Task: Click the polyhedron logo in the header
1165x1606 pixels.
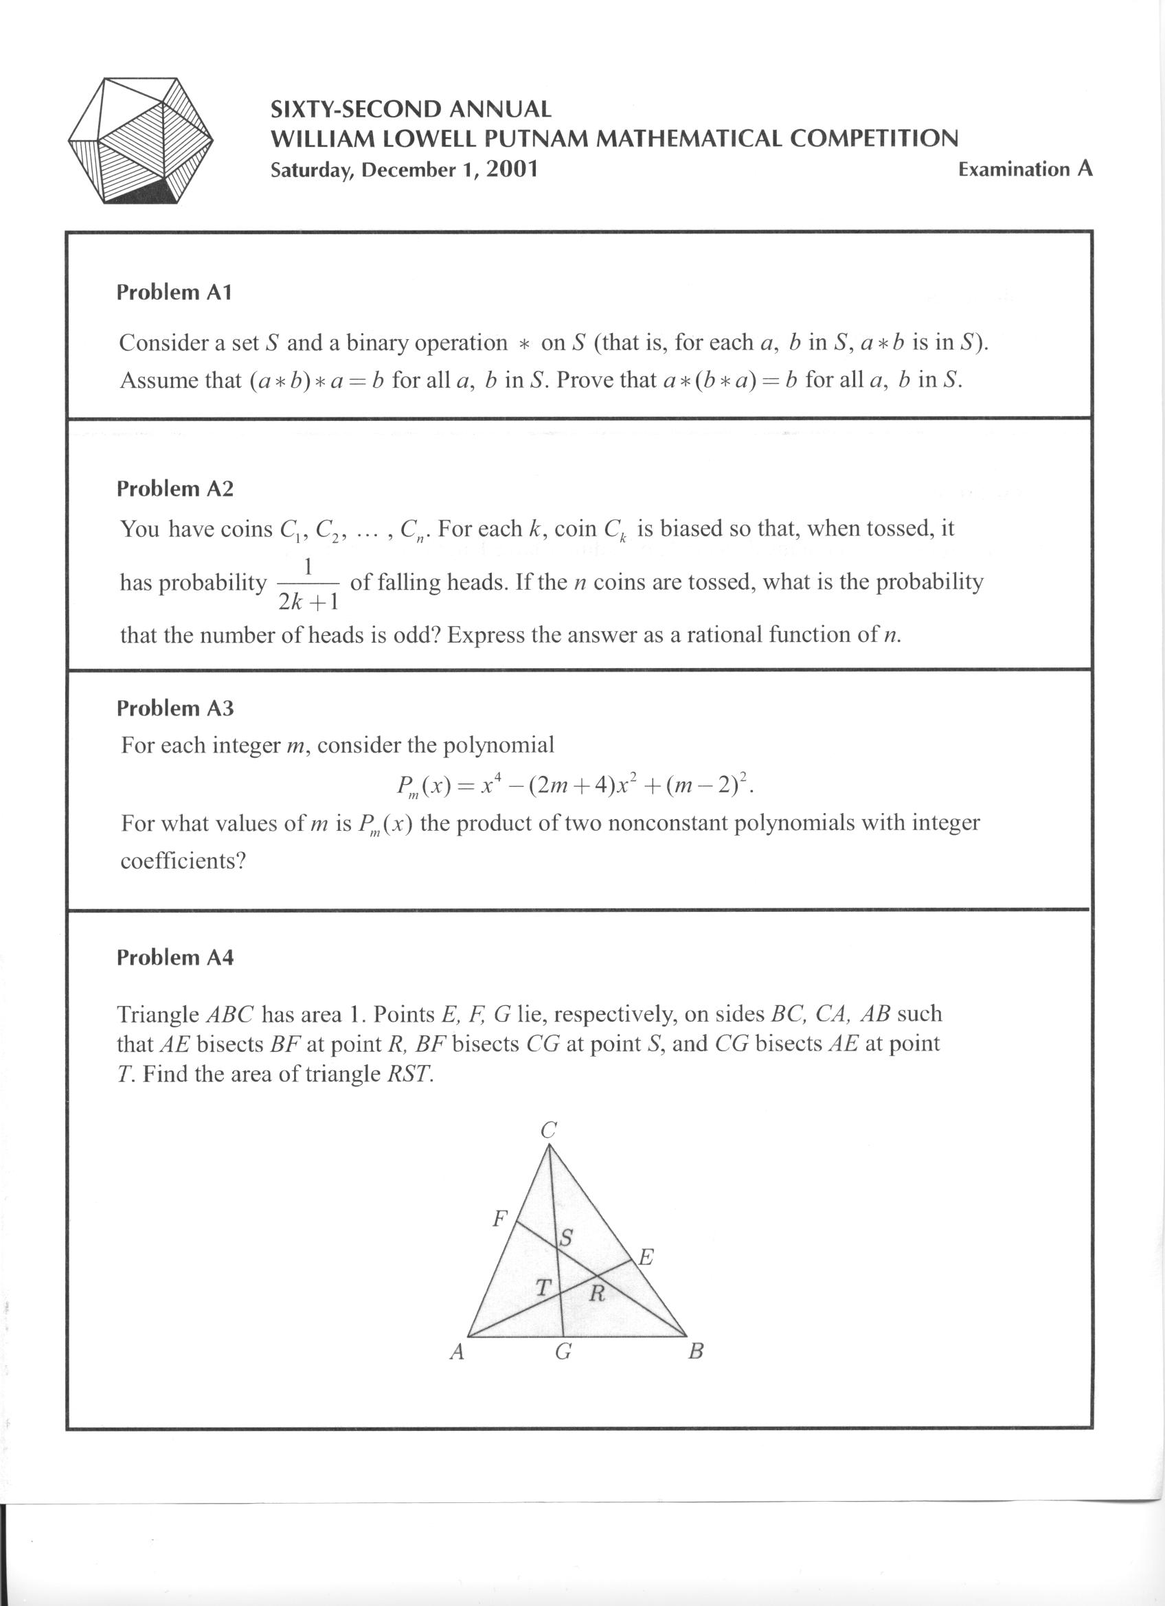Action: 140,141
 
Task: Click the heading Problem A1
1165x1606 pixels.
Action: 174,292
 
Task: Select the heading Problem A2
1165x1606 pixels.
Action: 175,489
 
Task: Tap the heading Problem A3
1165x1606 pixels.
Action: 175,708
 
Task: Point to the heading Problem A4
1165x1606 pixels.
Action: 175,957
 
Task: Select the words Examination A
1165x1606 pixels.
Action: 1025,169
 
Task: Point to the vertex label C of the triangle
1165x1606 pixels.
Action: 548,1130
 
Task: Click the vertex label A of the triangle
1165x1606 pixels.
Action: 457,1353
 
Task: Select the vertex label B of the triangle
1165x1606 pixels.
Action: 695,1353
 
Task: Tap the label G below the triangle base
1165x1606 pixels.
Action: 563,1353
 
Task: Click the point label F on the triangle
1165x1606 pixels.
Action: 500,1219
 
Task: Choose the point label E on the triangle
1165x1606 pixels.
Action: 646,1258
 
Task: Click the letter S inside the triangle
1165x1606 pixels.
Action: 566,1239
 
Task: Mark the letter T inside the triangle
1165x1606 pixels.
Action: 543,1287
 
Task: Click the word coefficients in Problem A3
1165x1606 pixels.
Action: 183,861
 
